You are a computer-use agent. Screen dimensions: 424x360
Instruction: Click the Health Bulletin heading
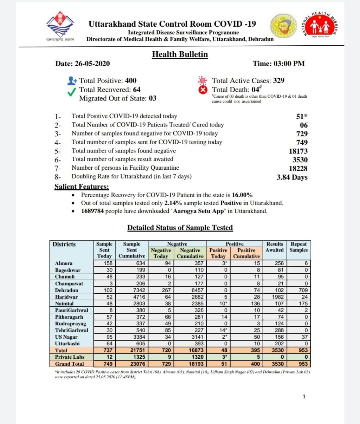pos(180,54)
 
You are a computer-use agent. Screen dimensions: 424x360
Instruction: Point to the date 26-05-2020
pos(92,64)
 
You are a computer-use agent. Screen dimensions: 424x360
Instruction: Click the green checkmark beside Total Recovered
pos(72,92)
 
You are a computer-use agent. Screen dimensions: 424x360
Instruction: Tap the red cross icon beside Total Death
pos(203,90)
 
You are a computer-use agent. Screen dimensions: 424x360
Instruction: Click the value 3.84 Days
pos(292,177)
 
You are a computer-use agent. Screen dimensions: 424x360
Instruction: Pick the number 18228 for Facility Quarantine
pos(298,168)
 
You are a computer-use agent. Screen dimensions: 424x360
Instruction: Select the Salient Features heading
pos(82,187)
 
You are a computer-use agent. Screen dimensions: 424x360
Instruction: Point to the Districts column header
pos(64,244)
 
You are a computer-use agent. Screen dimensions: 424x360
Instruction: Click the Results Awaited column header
pos(275,247)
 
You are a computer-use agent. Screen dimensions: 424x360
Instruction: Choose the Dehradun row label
pos(66,290)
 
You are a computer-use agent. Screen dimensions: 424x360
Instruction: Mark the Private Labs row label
pos(70,357)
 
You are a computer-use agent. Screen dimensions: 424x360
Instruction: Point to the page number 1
pos(304,397)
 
